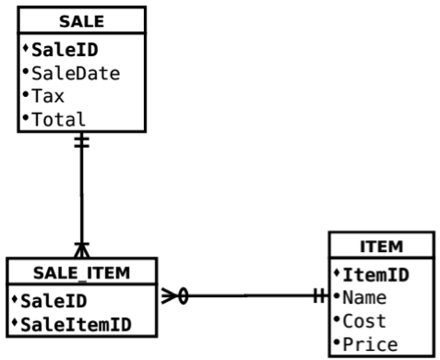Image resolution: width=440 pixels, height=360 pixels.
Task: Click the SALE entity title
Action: point(80,20)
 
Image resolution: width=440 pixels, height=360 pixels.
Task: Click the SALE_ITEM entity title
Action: point(80,272)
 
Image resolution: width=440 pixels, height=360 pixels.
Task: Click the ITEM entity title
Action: point(381,246)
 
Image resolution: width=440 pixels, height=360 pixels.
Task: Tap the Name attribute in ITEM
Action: point(366,297)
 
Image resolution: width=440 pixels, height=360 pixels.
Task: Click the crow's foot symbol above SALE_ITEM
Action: point(81,248)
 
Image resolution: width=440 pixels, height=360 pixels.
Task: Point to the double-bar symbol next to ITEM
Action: point(318,296)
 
